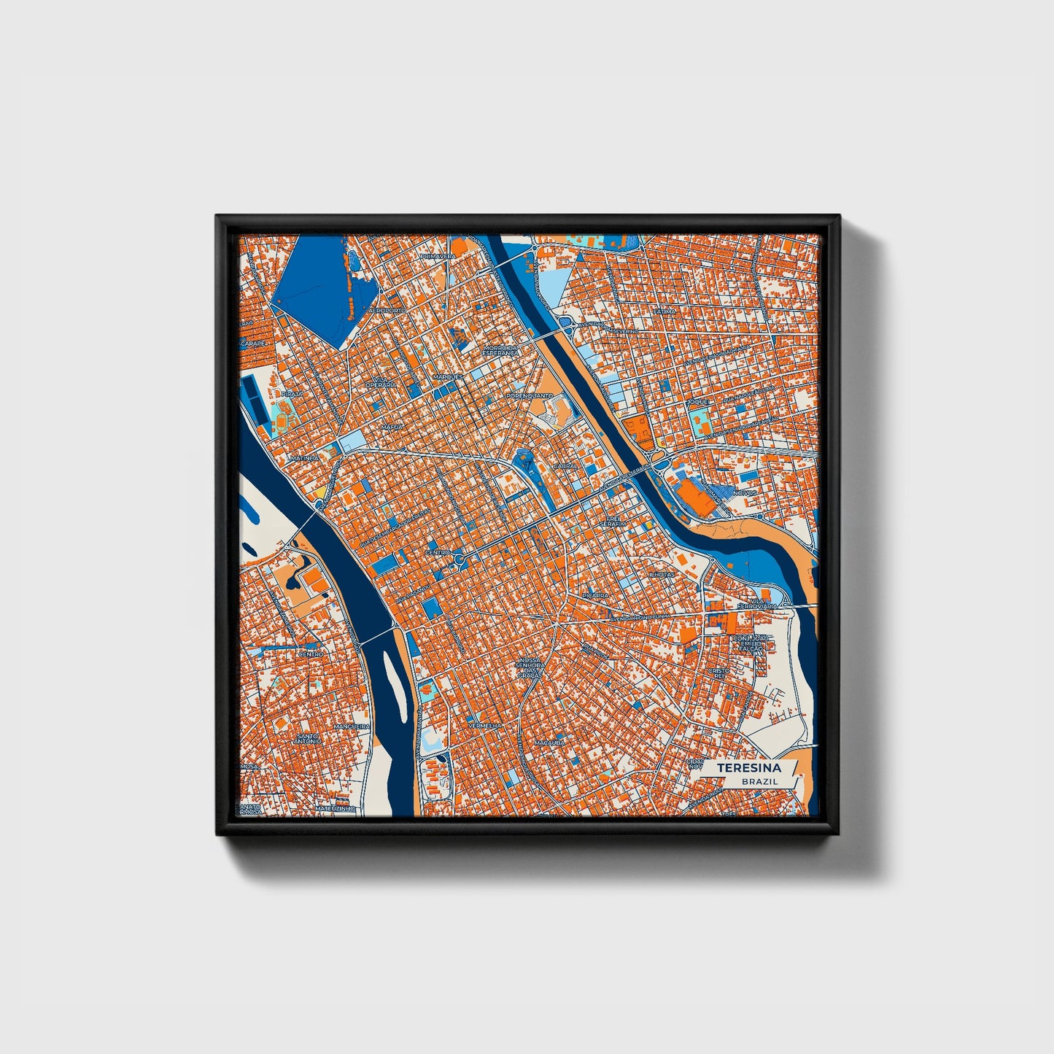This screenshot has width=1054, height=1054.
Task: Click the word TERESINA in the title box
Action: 748,768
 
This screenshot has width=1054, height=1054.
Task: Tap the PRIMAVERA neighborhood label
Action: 438,257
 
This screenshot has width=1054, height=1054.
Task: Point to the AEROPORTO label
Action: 387,311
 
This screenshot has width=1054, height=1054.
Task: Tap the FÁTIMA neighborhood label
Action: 664,311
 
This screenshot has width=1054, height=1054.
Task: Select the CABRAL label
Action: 565,465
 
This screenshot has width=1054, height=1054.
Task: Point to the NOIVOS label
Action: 745,493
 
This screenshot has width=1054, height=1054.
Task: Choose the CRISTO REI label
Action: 718,673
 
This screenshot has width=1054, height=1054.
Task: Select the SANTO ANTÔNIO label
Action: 308,739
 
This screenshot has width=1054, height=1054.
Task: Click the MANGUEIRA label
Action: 352,727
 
